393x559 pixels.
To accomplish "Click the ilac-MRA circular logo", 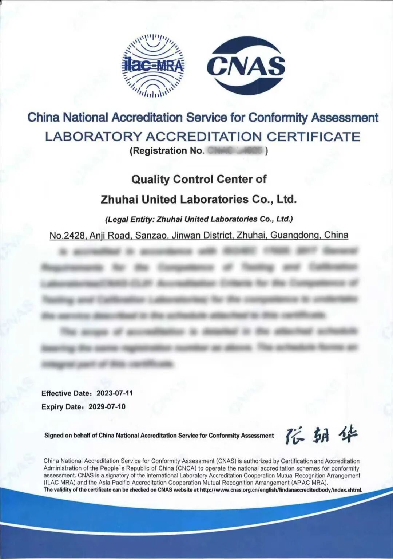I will click(x=153, y=66).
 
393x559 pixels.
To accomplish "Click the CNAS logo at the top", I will click(x=246, y=66).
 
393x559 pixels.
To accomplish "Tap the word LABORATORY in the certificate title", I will click(x=93, y=137).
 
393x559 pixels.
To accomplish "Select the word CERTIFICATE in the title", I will click(x=313, y=137).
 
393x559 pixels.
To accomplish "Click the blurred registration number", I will click(x=236, y=151).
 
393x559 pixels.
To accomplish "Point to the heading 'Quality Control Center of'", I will click(x=199, y=179).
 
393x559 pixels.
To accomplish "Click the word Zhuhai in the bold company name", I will click(x=119, y=199).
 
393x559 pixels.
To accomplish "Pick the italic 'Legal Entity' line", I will click(x=199, y=219).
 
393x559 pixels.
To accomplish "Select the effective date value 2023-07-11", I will click(x=115, y=393).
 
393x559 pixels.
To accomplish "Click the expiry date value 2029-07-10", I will click(x=107, y=407).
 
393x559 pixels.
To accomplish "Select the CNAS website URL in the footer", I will click(x=281, y=490).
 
